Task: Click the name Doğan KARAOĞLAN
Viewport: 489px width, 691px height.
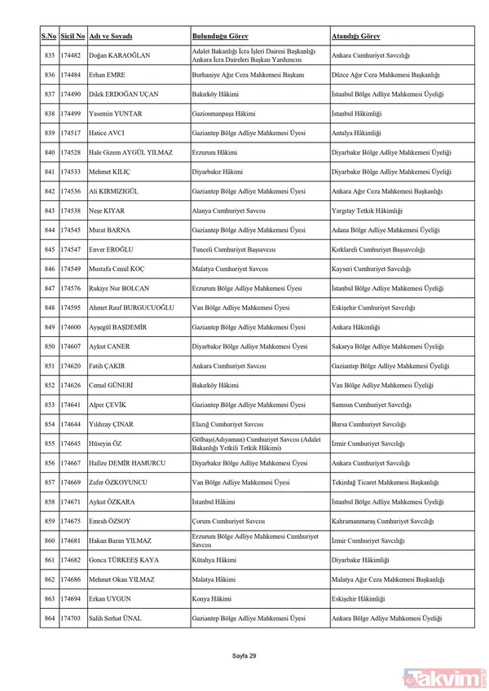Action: [x=119, y=56]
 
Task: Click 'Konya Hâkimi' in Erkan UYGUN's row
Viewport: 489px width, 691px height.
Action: [x=211, y=599]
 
